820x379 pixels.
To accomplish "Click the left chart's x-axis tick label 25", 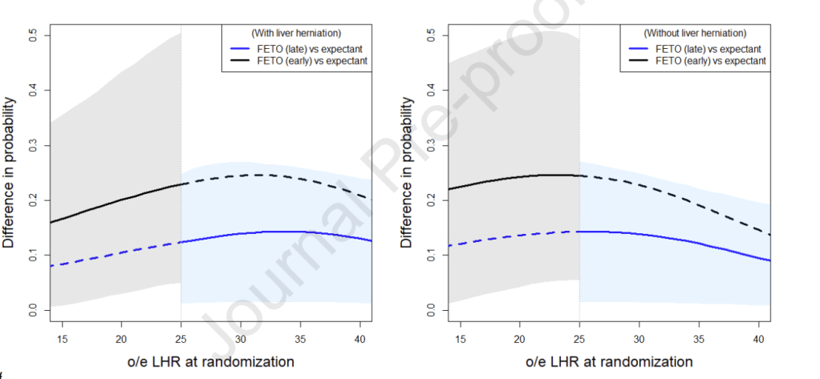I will [181, 336].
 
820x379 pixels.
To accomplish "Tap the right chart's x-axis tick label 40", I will [758, 336].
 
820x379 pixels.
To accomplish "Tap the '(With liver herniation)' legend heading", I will [296, 33].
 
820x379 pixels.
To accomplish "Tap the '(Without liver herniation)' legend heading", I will [695, 33].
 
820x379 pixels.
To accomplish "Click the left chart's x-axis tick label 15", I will [62, 336].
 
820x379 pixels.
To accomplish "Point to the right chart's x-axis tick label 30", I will [639, 336].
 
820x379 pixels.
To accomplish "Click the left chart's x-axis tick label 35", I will [300, 336].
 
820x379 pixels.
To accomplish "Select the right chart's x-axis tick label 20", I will [520, 336].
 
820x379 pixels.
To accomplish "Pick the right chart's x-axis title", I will [610, 361].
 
